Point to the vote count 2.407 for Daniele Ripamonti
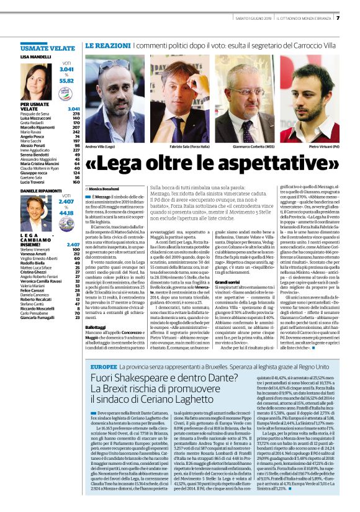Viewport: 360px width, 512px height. pos(66,202)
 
